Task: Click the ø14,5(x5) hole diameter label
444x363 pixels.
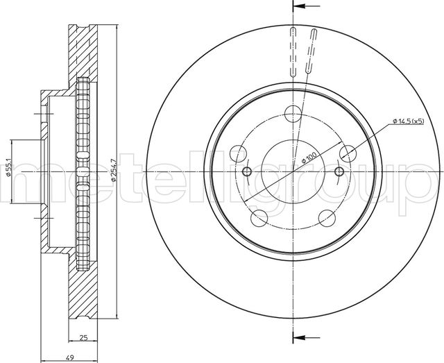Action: (x=409, y=121)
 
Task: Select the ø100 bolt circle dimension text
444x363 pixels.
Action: (x=309, y=157)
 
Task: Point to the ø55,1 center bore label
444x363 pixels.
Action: (x=8, y=168)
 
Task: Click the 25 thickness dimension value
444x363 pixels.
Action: (x=83, y=337)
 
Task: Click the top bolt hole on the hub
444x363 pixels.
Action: (x=293, y=113)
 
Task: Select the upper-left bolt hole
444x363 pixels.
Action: (x=238, y=153)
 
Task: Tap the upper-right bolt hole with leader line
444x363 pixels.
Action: (x=348, y=153)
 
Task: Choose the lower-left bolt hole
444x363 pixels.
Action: (x=259, y=218)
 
